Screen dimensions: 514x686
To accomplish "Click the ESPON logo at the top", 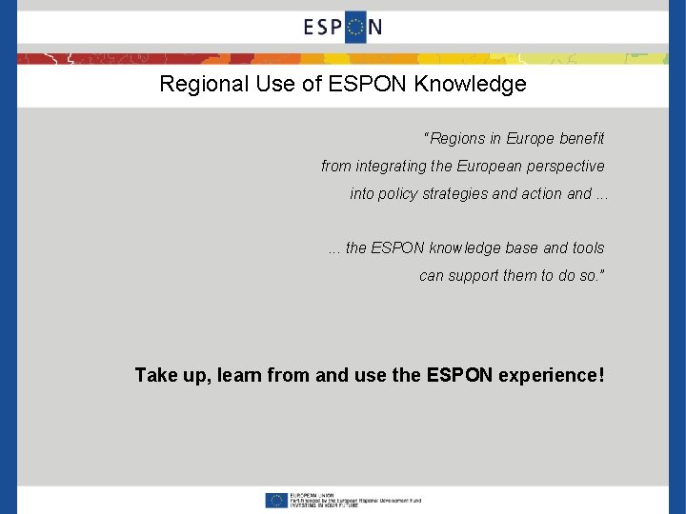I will pos(343,27).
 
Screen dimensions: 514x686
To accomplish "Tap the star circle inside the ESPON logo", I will pos(355,27).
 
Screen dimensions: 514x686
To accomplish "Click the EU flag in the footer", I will pos(277,500).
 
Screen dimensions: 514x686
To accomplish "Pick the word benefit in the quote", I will pos(581,139).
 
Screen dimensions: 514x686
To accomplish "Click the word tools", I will pos(588,248).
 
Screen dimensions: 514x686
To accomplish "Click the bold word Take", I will pos(155,375).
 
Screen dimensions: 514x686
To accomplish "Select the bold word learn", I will pos(239,375).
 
